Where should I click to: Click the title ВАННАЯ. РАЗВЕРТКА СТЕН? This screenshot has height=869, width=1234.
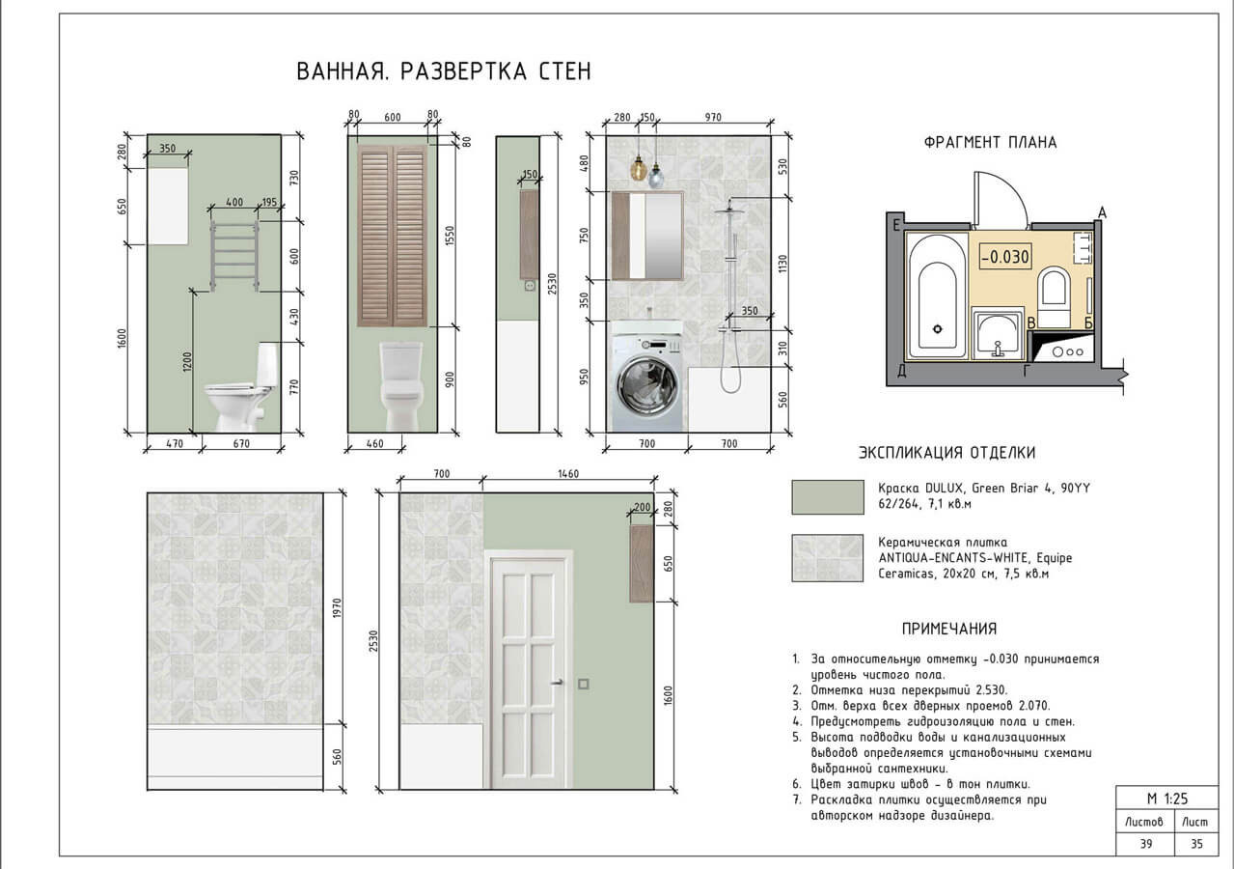tap(443, 72)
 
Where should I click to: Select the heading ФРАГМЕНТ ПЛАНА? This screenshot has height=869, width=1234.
tap(990, 143)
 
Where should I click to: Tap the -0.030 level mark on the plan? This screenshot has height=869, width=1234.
tap(1004, 258)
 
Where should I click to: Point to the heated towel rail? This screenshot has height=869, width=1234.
tap(233, 254)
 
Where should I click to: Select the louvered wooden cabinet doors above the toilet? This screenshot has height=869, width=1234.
tap(392, 235)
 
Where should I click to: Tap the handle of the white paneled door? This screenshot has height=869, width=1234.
tap(558, 684)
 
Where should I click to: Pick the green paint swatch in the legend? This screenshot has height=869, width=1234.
tap(827, 497)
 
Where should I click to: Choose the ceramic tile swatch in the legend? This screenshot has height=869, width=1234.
tap(827, 558)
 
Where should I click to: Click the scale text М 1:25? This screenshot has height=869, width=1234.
tap(1165, 799)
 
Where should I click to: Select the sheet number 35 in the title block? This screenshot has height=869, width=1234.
tap(1196, 844)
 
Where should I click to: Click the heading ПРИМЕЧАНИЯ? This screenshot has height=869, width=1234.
tap(948, 629)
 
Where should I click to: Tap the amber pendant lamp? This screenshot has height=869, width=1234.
tap(638, 171)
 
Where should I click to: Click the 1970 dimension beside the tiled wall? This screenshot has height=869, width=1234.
tap(336, 608)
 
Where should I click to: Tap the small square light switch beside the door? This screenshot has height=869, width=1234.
tap(584, 685)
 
